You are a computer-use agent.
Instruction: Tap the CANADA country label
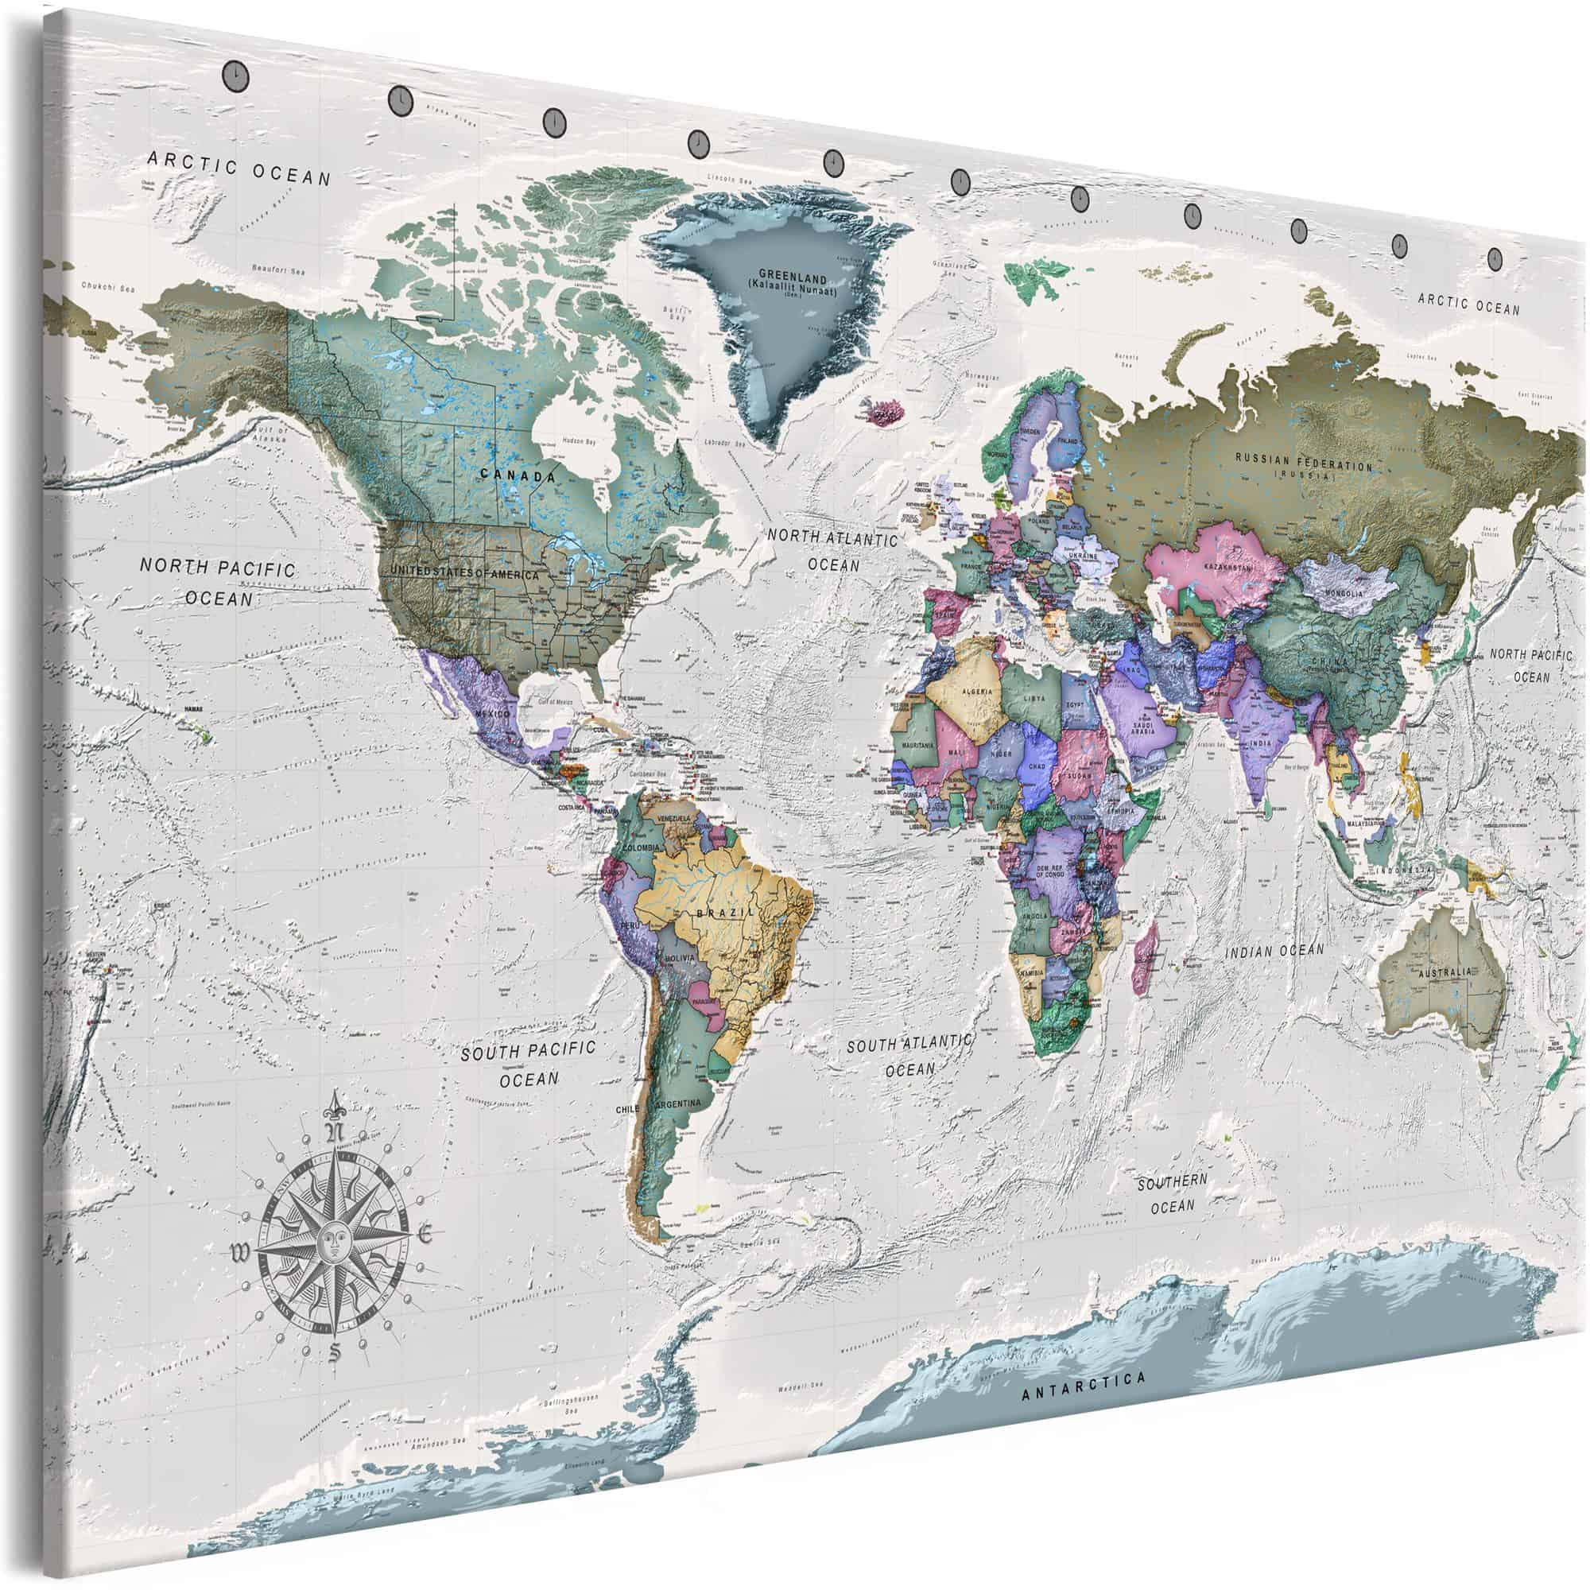(x=518, y=475)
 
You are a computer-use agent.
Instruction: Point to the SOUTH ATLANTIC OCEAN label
(x=909, y=1056)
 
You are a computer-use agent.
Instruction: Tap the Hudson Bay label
(x=578, y=442)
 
